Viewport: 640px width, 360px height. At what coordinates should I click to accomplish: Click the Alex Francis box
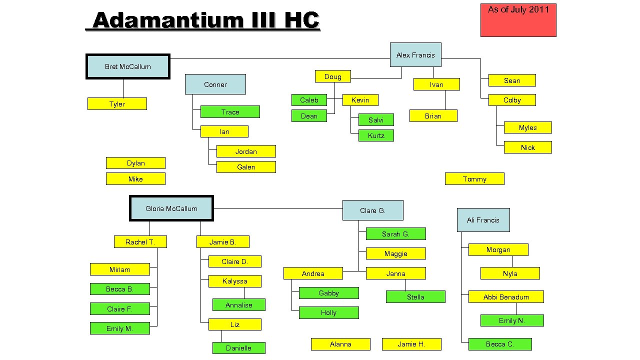click(415, 54)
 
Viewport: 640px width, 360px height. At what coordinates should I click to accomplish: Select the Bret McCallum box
click(128, 66)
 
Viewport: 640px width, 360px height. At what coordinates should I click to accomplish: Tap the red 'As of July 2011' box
click(518, 20)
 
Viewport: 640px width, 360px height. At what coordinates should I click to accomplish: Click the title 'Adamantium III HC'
click(205, 21)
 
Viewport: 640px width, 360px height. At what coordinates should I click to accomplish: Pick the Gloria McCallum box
click(171, 208)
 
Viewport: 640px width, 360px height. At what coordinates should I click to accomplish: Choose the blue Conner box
click(215, 84)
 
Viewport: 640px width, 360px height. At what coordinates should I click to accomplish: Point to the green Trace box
click(230, 112)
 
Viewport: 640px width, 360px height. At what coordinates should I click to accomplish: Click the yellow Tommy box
click(474, 179)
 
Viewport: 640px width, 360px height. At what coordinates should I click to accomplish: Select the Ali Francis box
click(483, 220)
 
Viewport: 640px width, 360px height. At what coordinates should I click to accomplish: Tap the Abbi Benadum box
click(506, 297)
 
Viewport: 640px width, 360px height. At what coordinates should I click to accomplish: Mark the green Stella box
click(415, 297)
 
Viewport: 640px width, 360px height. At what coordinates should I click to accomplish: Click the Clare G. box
click(372, 210)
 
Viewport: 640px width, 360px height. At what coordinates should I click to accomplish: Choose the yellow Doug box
click(332, 76)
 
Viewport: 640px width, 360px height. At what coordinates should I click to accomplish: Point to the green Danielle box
click(238, 348)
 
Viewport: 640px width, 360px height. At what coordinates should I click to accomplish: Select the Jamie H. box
click(411, 344)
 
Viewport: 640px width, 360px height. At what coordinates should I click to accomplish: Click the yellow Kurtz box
click(376, 135)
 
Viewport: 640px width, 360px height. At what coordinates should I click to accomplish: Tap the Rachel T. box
click(140, 242)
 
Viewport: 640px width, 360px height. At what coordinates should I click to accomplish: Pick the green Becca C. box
click(500, 344)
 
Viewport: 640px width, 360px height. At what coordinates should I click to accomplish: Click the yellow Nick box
click(528, 147)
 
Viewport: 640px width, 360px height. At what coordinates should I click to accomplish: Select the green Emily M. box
click(119, 328)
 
